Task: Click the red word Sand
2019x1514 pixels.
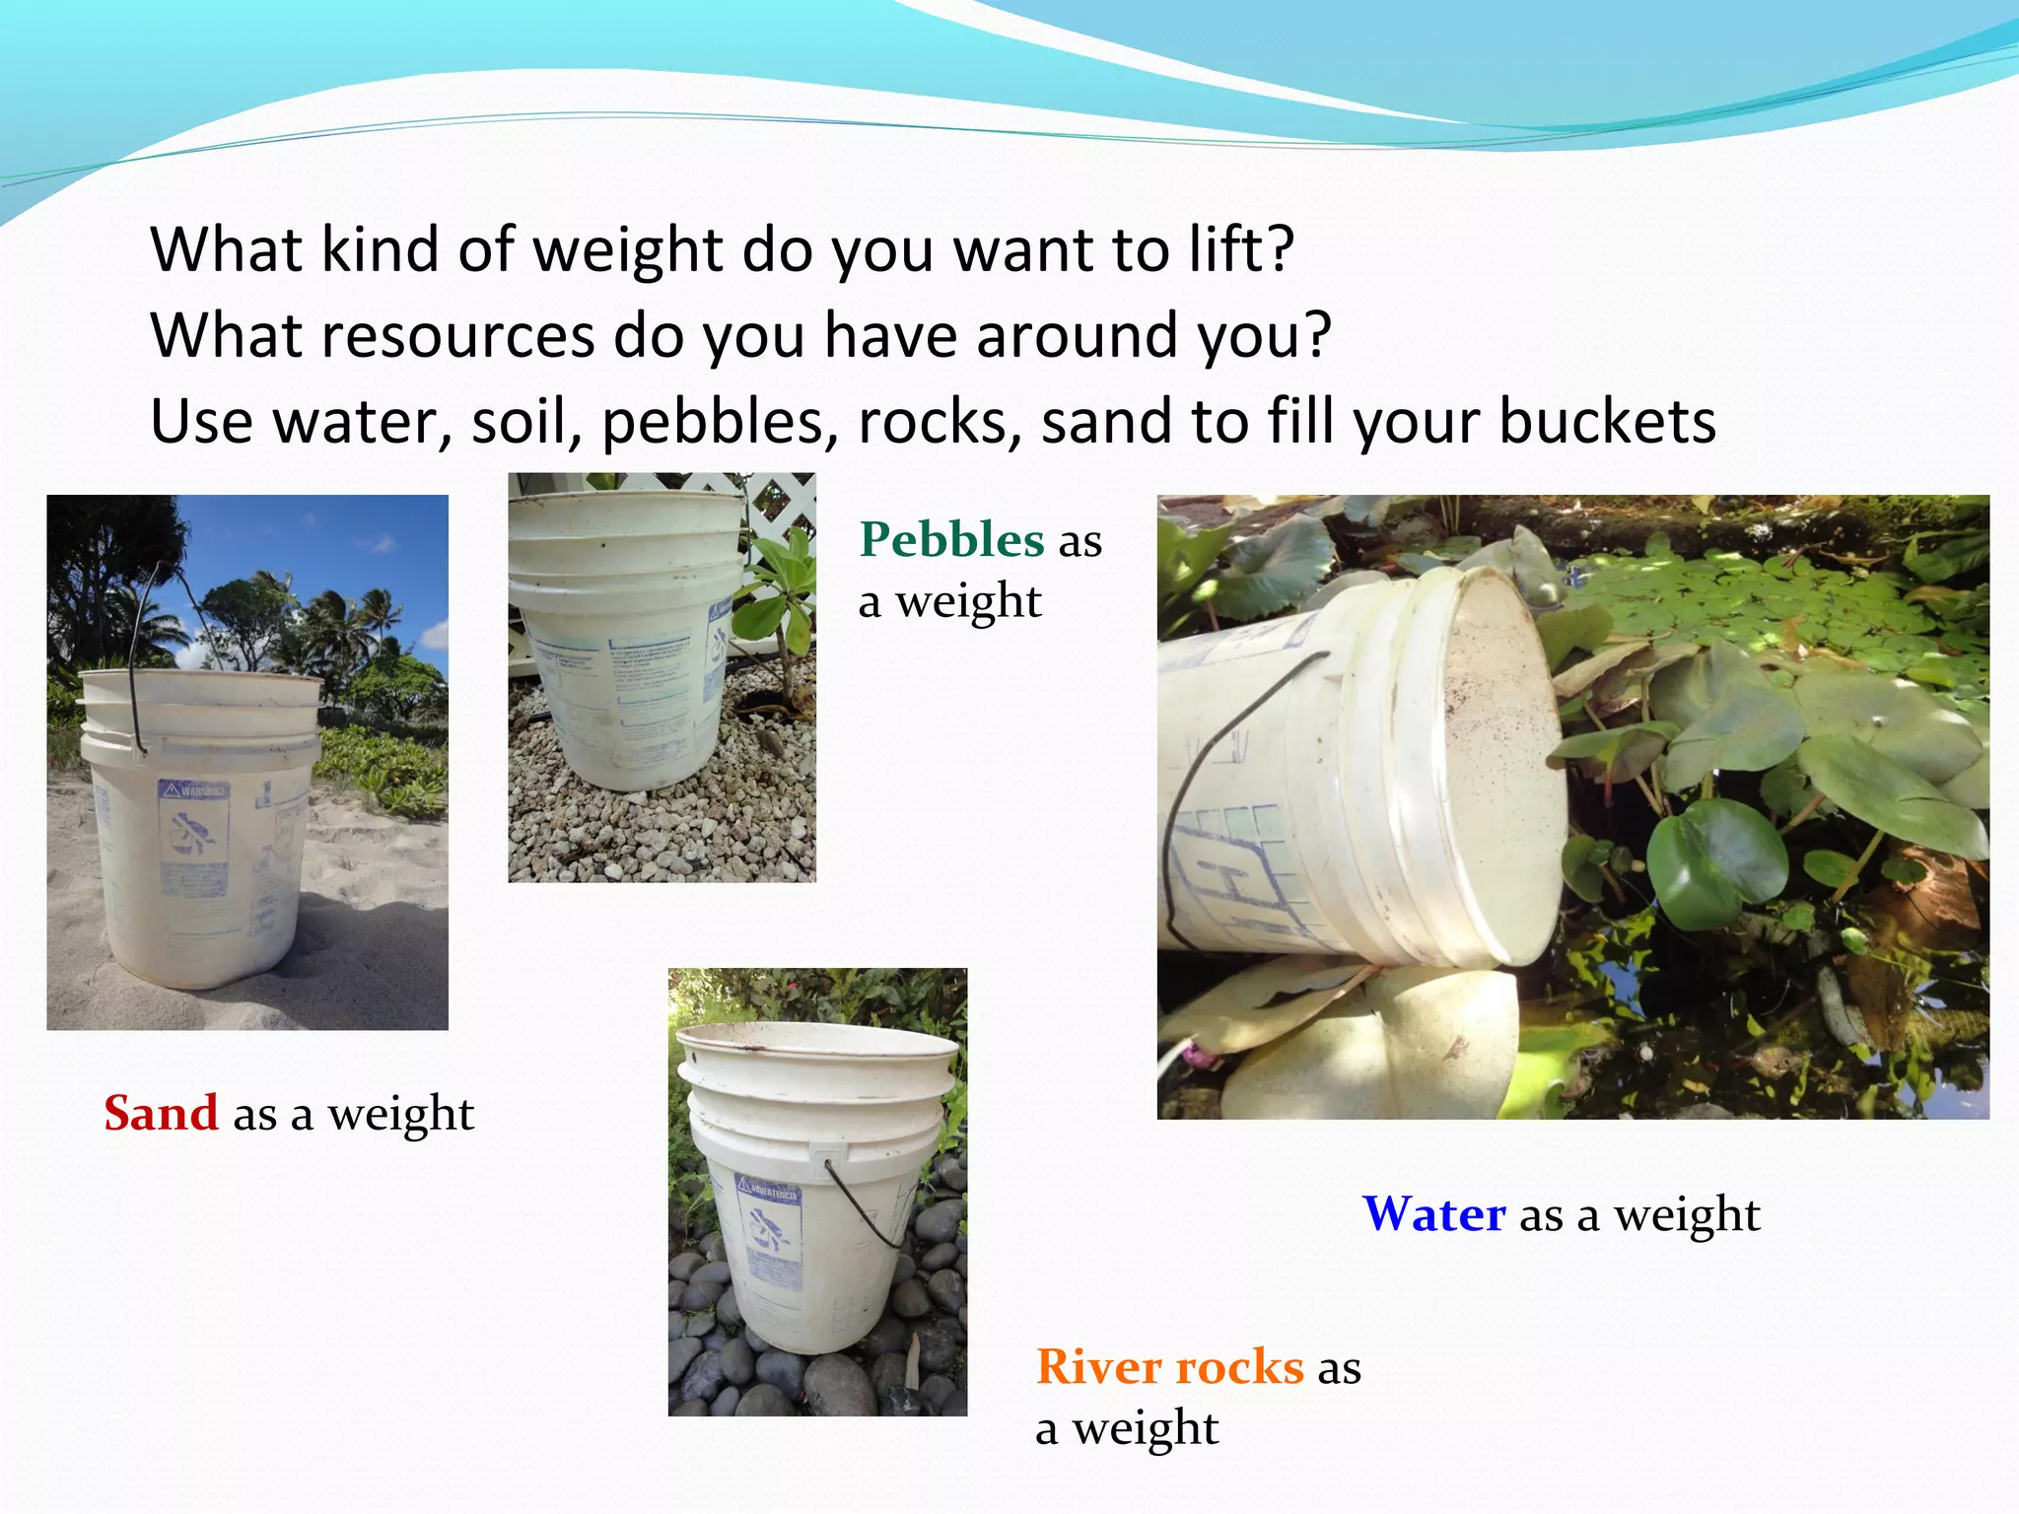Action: (161, 1114)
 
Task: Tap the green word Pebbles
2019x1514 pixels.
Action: (951, 540)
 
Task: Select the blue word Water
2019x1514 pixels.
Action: (1433, 1214)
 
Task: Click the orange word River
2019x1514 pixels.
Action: (1097, 1367)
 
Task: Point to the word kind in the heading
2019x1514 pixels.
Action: (382, 249)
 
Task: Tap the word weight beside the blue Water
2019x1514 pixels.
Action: (1686, 1214)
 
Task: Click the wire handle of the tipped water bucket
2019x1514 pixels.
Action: (1198, 789)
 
